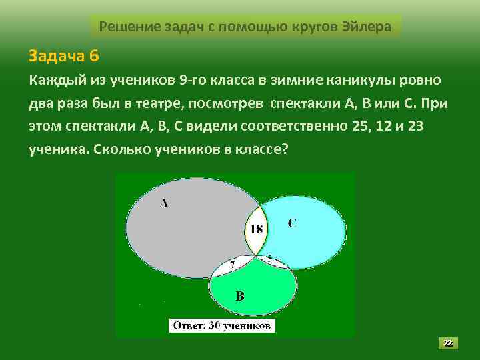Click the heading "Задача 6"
(x=63, y=53)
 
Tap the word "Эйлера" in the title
(x=370, y=27)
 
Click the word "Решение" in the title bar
(x=125, y=27)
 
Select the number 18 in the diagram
(x=256, y=229)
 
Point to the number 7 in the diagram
(x=232, y=265)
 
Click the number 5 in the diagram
(x=269, y=257)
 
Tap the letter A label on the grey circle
(x=164, y=204)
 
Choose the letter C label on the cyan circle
(x=292, y=223)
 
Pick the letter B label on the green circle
(x=240, y=296)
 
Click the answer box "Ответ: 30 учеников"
(x=222, y=326)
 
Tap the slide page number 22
(x=448, y=343)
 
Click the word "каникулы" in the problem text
(x=356, y=81)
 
